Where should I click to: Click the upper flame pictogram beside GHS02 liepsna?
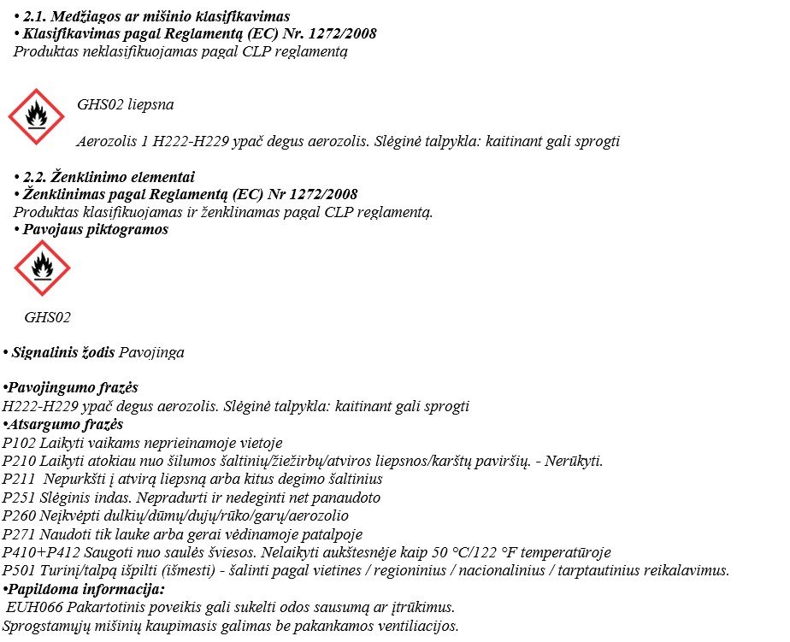point(36,117)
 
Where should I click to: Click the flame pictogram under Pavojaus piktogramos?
point(42,268)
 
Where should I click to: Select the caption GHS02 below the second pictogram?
point(48,317)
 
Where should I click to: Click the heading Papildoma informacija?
point(86,589)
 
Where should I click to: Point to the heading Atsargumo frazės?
point(65,425)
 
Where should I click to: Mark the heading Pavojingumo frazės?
point(73,388)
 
